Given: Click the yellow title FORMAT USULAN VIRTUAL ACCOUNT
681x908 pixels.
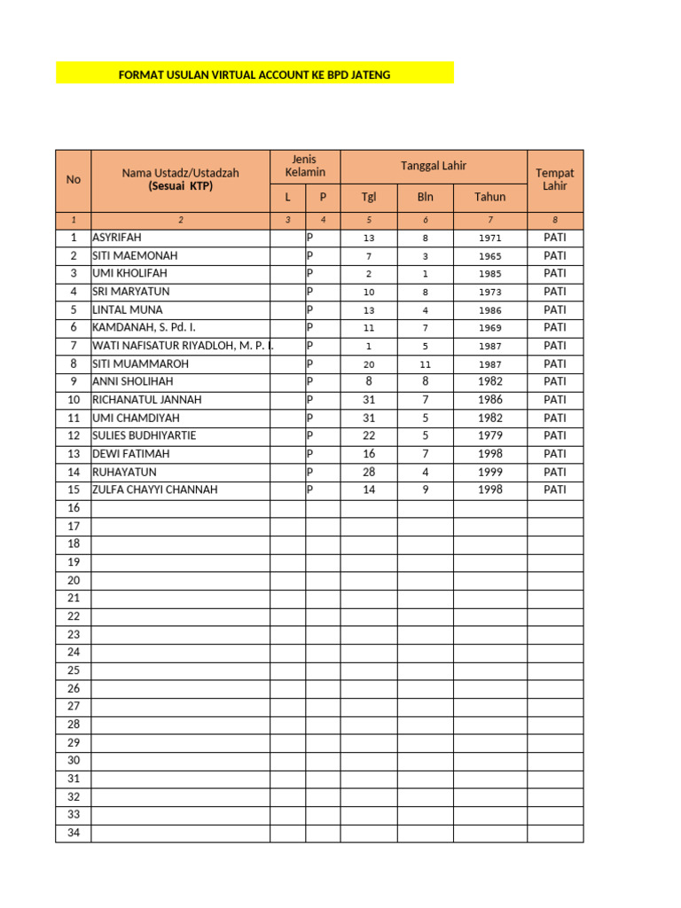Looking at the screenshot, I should pos(254,74).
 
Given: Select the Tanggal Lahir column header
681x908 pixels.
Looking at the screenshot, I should pos(434,166).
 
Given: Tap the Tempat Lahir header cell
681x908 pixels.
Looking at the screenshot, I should pos(555,179).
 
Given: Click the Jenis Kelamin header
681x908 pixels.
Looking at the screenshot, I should pos(305,166).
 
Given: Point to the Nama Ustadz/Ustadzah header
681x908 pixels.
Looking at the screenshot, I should pos(181,179).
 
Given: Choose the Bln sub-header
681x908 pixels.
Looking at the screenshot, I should pos(426,197).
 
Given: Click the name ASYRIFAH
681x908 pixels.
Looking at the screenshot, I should pos(117,238).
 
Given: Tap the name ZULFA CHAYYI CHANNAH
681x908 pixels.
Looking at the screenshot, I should pos(154,489).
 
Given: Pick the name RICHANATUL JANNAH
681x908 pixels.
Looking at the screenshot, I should pos(146,400).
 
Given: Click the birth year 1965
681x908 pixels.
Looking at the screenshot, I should pos(490,255).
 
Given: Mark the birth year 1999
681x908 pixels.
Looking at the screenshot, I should pos(490,472).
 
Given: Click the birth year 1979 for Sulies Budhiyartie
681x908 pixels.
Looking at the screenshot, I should pos(490,435).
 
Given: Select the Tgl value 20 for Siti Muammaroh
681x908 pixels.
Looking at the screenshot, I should pos(369,364).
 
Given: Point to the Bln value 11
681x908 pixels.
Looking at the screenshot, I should pos(426,364).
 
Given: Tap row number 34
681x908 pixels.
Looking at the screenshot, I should pos(74,833).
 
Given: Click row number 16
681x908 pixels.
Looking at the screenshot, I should pos(74,508).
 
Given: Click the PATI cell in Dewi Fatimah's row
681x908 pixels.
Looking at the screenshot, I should pos(555,454).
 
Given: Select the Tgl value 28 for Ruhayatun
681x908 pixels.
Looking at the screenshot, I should pos(369,472).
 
